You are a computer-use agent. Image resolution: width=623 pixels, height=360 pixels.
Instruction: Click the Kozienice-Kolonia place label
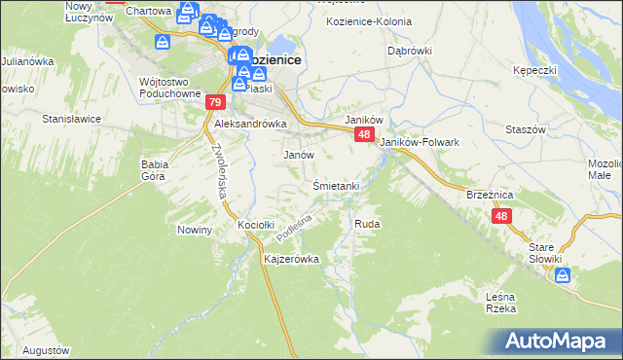coord(370,20)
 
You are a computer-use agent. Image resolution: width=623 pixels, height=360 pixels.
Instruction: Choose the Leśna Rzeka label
coord(499,303)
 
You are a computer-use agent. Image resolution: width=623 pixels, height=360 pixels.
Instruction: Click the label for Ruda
coord(367,224)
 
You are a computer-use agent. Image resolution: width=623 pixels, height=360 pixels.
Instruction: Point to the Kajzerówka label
coord(292,260)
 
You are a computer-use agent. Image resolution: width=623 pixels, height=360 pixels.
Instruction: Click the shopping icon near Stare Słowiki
coord(563,276)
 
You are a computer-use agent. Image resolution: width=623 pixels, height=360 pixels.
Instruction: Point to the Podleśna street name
coord(292,230)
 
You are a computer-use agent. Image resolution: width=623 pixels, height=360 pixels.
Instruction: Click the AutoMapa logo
coord(559,341)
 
